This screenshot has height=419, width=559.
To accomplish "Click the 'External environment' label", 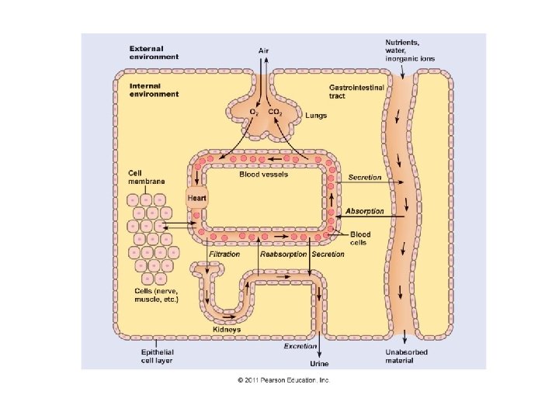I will coord(154,53).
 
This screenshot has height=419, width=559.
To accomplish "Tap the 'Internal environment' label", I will coord(154,90).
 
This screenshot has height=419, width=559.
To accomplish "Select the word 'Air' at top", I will coord(265,50).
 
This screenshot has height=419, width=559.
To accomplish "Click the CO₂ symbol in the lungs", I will coord(275,113).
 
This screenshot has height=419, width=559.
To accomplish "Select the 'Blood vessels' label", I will coord(263,174).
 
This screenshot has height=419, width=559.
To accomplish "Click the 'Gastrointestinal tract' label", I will coord(357,92).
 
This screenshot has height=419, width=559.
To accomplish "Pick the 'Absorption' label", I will coord(365,211).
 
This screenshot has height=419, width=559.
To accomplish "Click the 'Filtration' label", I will coord(224,255).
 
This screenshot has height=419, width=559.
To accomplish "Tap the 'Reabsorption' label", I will coord(283,255).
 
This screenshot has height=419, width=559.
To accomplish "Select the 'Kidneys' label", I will coord(227,329).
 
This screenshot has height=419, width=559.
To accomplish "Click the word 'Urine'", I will coord(319,363).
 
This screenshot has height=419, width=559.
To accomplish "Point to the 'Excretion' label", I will coord(300,346).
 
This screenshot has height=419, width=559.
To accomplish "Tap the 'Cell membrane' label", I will coord(146,176).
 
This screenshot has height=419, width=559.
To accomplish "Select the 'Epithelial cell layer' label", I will coord(151,355).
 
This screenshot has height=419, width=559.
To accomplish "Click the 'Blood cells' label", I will coord(360,238).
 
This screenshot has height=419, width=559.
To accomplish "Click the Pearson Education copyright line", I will coord(284,380).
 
